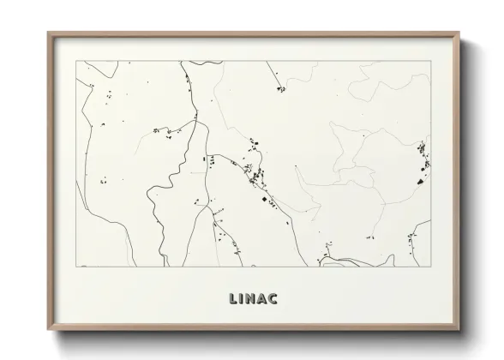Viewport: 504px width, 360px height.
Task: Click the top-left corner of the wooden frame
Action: click(48, 33)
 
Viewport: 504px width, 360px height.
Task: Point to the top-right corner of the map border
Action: click(430, 61)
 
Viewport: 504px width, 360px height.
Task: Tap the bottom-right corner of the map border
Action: click(430, 266)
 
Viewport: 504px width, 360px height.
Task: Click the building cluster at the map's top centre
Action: click(279, 88)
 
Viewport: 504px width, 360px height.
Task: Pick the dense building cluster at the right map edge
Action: click(422, 159)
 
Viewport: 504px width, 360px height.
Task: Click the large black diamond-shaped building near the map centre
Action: click(264, 199)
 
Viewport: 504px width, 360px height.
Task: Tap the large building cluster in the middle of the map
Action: click(255, 167)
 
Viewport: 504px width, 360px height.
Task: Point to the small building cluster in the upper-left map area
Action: click(163, 131)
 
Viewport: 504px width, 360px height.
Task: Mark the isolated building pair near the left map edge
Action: click(103, 181)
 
